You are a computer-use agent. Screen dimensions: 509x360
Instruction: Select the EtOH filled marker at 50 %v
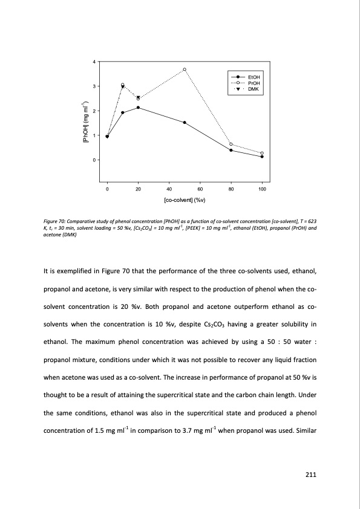point(185,123)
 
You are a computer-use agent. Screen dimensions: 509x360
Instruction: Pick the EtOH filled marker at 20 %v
point(139,108)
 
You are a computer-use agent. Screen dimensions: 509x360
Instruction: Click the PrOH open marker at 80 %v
point(231,144)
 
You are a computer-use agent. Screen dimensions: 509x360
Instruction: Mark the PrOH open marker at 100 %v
point(262,153)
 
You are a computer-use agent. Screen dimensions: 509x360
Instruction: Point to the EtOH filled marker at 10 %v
point(123,112)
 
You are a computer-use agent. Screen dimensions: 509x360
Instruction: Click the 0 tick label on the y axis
point(93,160)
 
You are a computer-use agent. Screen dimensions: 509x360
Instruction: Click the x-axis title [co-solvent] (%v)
point(185,200)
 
